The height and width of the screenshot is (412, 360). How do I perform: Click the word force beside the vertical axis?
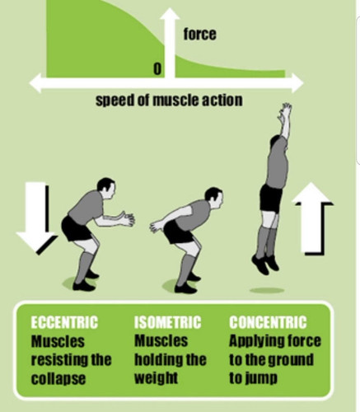tap(199, 34)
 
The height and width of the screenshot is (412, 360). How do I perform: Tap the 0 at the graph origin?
tap(157, 68)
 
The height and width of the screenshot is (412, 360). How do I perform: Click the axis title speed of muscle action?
tap(169, 101)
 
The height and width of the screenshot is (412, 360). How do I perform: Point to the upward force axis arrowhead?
tap(170, 14)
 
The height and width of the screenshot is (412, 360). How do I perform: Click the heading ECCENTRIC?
tap(64, 322)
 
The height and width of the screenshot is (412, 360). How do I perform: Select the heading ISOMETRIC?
tap(167, 322)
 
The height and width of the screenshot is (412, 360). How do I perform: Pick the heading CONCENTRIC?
tap(268, 322)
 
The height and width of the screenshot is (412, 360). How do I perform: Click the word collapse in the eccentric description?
tap(58, 379)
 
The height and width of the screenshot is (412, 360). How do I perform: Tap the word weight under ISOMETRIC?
tap(156, 378)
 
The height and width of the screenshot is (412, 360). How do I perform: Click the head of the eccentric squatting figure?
tap(106, 188)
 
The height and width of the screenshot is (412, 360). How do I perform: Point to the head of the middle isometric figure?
tap(214, 198)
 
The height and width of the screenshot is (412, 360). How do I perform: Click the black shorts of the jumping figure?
tap(271, 198)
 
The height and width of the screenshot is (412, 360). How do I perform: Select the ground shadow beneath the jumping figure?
tap(267, 290)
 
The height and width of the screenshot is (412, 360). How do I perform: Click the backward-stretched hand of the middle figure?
tap(156, 227)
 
